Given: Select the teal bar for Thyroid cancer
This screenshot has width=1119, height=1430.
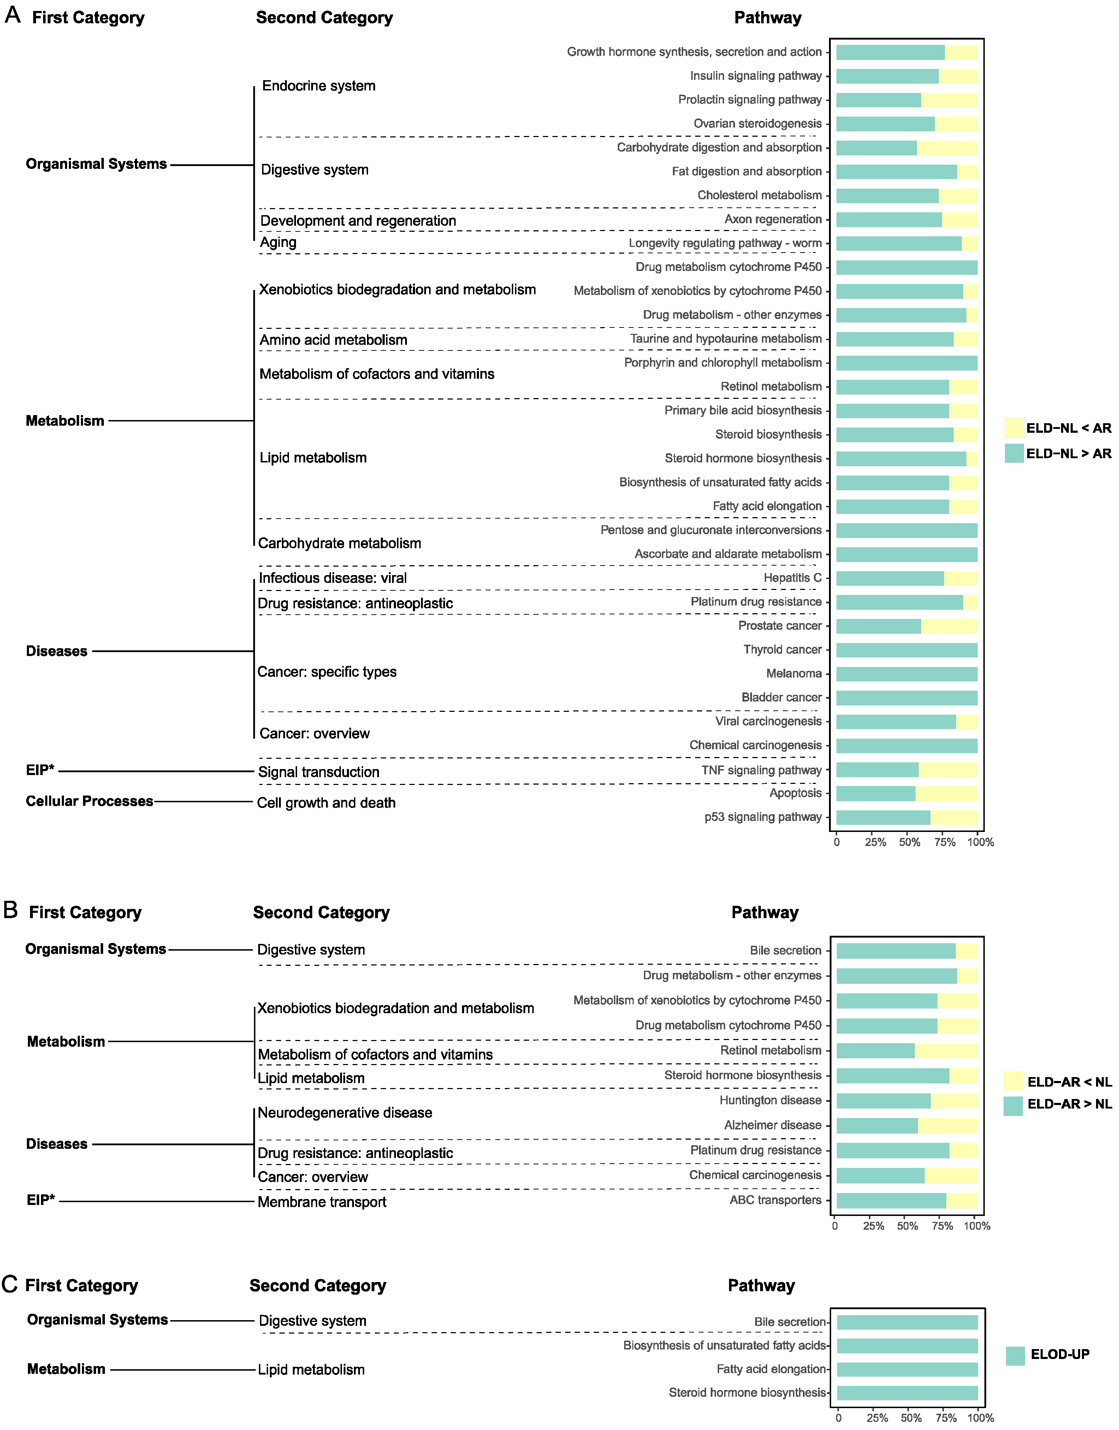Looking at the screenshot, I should pos(907,650).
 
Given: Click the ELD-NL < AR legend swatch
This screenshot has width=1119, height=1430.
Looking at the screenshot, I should pos(1013,428).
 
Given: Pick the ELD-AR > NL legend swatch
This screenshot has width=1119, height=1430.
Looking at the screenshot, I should pos(1013,1106).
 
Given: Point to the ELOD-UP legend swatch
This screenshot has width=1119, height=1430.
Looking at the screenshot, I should pos(1015,1355).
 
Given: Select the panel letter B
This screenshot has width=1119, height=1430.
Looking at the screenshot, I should pos(11,910).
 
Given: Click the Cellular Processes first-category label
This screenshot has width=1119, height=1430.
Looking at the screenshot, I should pos(89,801).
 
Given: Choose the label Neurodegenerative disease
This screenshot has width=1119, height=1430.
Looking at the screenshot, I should pos(345,1112).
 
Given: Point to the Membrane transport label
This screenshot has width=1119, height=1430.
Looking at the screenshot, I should pos(322,1202).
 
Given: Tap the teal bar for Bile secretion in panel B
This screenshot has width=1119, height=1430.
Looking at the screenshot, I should pos(896,951).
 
